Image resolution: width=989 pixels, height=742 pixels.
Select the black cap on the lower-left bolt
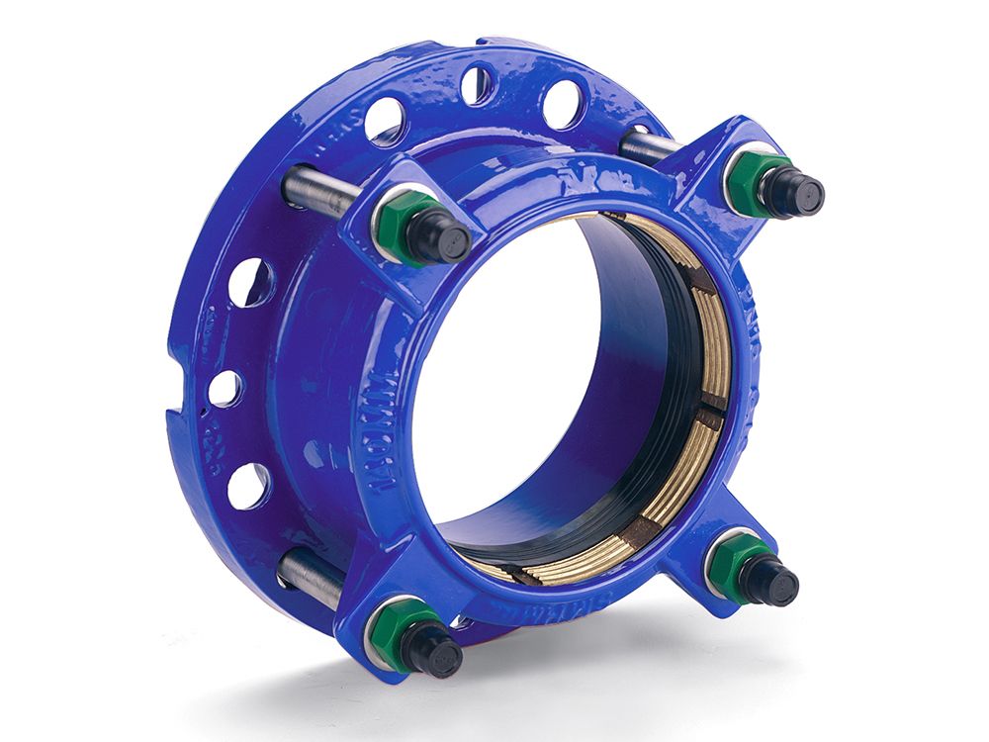tap(432, 652)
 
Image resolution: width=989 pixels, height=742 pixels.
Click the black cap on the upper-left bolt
tap(441, 237)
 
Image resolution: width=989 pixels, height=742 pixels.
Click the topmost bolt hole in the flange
tap(478, 85)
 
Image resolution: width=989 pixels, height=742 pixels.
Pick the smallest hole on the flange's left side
tap(225, 388)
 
